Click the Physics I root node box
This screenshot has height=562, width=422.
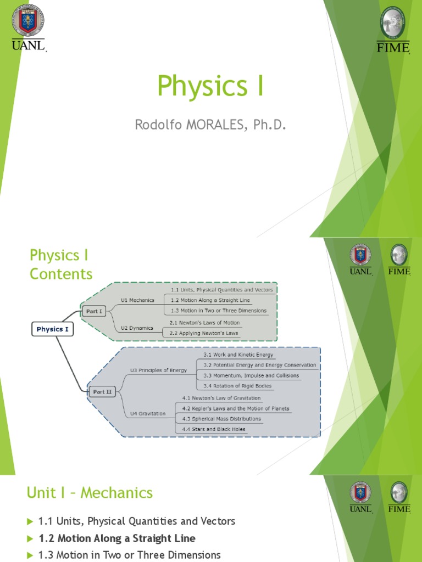point(52,329)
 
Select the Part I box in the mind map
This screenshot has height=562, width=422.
point(94,311)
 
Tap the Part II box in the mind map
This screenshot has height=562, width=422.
point(102,391)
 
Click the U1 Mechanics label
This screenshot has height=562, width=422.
point(137,300)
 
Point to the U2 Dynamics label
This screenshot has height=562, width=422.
point(136,328)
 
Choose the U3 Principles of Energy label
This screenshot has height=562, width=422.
point(158,370)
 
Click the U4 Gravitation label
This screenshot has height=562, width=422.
point(148,413)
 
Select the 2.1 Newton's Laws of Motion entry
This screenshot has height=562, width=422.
point(204,323)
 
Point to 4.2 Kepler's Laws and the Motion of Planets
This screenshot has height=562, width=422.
point(236,409)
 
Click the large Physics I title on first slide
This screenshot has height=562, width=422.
point(210,86)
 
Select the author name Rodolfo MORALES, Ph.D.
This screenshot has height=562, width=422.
point(210,125)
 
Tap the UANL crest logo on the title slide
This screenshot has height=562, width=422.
point(27,20)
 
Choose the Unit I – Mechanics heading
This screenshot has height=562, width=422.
point(90,493)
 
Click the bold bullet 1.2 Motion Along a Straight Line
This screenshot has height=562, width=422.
point(116,538)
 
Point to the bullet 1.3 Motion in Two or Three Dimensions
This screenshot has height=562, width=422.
point(129,555)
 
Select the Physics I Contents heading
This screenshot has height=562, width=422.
point(61,265)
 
